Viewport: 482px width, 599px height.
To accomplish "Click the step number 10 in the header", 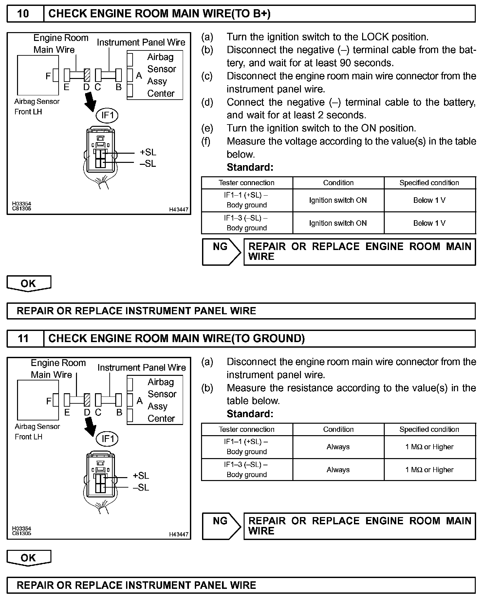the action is click(23, 14).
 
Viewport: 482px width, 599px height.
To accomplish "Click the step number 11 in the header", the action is click(23, 338).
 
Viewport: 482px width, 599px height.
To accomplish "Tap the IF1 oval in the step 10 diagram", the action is click(107, 115).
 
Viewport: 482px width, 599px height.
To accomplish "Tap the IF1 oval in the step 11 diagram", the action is click(107, 439).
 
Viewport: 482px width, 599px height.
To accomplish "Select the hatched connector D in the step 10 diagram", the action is click(87, 75).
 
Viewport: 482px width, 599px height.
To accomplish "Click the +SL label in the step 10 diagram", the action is click(148, 152).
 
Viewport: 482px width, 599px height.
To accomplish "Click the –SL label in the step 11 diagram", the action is click(141, 487).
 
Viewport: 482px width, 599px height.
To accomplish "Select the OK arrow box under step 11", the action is click(29, 558).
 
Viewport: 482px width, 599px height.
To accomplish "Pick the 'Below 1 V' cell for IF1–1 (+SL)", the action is click(429, 200).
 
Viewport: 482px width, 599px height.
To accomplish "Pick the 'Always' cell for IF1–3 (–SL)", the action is click(338, 470).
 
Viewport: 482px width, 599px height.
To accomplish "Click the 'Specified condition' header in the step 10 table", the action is click(429, 183).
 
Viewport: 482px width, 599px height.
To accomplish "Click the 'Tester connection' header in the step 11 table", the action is click(247, 429).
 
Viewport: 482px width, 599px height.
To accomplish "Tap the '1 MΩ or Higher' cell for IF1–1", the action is click(429, 447).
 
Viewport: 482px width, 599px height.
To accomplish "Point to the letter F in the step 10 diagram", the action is click(48, 76).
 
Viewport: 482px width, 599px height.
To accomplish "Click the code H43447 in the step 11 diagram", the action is click(179, 534).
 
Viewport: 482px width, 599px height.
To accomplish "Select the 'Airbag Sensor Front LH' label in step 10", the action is click(37, 106).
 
